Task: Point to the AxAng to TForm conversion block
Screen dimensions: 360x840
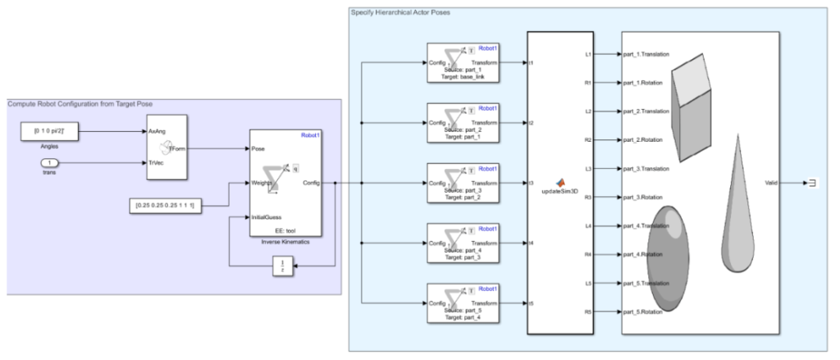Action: [x=167, y=148]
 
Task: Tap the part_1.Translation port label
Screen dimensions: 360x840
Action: [x=647, y=54]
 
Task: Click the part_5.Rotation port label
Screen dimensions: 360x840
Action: [x=644, y=312]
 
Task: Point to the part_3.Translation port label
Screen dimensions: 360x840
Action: [x=647, y=168]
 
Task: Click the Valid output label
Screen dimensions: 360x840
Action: [x=771, y=184]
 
